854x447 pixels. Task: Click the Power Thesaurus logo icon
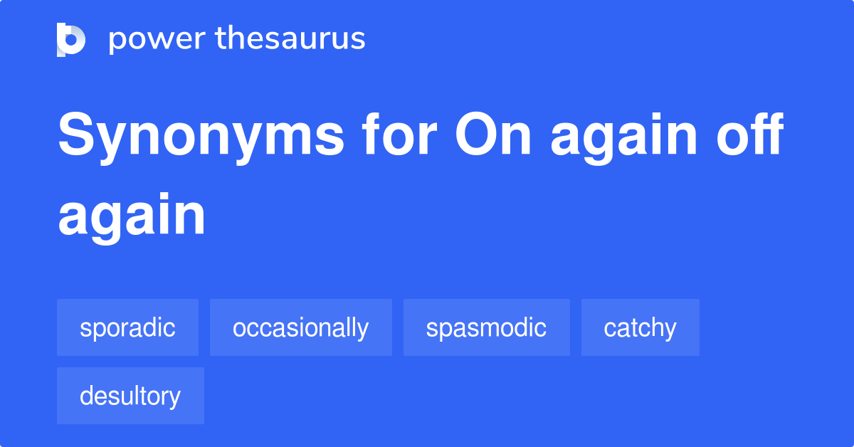click(x=71, y=39)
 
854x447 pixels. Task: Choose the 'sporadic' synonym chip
click(x=127, y=327)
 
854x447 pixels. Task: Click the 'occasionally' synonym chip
click(x=300, y=327)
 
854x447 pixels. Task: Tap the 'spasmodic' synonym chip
click(x=486, y=327)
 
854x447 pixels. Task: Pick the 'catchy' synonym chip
click(x=640, y=327)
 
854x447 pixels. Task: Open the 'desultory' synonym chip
click(x=130, y=396)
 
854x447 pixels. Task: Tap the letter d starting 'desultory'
click(x=86, y=395)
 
